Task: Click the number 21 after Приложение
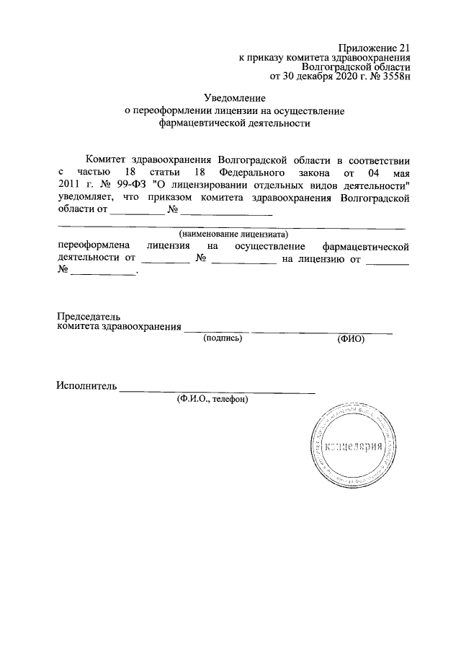(x=403, y=47)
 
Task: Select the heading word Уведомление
(x=235, y=97)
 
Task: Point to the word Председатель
(x=89, y=316)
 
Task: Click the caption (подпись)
(x=223, y=338)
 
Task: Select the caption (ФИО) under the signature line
(x=351, y=338)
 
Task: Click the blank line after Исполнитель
(x=217, y=390)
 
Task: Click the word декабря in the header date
(x=313, y=74)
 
